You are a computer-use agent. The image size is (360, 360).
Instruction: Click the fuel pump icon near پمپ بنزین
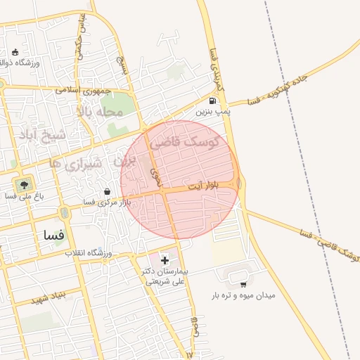click(x=212, y=101)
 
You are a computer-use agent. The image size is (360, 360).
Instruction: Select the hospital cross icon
click(x=165, y=260)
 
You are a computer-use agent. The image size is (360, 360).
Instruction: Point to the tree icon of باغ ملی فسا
click(x=25, y=186)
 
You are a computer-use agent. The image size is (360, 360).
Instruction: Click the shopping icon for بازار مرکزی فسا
click(x=106, y=191)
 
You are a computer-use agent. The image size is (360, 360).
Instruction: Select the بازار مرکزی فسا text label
click(x=98, y=202)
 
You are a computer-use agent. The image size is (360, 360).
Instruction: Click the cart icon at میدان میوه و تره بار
click(x=243, y=284)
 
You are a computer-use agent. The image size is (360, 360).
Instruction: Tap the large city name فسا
click(x=53, y=234)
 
